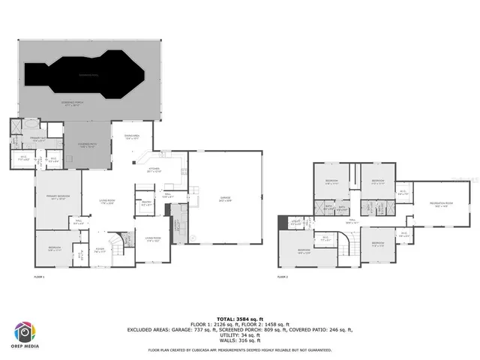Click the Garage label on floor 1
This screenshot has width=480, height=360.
point(225,199)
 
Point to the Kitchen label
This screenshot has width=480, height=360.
point(154,171)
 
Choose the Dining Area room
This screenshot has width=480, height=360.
point(132,137)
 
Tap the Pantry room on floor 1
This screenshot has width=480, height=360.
point(145,203)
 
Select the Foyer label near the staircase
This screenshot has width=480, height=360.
point(100,252)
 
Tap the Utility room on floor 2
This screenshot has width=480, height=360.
point(296,222)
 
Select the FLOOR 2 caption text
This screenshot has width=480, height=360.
point(282,277)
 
